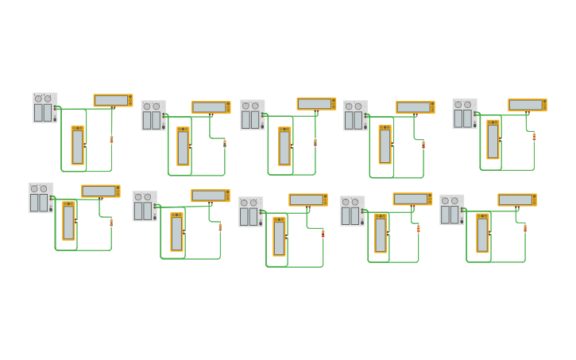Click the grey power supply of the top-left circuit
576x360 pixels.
(x=44, y=108)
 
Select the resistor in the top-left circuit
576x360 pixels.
(x=111, y=139)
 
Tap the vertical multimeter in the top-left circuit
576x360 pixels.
(x=77, y=145)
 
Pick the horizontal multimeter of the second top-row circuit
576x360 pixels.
(x=211, y=107)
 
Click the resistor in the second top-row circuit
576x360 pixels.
(x=225, y=144)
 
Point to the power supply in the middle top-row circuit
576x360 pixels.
(x=253, y=115)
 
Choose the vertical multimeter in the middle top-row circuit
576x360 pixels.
(x=284, y=146)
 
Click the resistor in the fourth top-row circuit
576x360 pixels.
(x=423, y=145)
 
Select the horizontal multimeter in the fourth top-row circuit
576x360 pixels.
(x=415, y=107)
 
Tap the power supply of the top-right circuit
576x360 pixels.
(x=465, y=114)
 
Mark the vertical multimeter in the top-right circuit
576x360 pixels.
(x=493, y=140)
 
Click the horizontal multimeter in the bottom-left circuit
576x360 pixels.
(x=101, y=192)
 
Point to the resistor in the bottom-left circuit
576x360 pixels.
(x=111, y=223)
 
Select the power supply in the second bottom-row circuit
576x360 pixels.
(x=145, y=206)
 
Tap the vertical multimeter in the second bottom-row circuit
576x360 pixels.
(x=176, y=232)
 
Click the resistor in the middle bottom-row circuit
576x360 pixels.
(x=323, y=234)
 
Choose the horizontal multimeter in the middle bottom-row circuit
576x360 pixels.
(x=308, y=200)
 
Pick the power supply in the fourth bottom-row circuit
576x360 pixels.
(x=352, y=211)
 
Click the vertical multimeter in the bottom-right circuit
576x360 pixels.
(x=482, y=233)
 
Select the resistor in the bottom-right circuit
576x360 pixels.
(x=525, y=228)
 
